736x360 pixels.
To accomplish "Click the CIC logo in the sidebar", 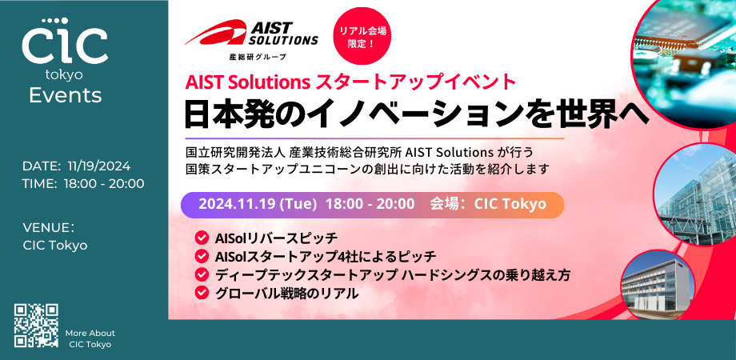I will click(x=65, y=44).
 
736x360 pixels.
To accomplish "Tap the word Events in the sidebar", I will click(x=65, y=96).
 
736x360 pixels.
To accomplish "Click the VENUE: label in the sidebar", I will click(x=49, y=227).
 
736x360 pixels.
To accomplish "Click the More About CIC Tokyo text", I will click(x=90, y=338).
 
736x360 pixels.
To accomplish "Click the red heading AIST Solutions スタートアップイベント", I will click(x=350, y=82).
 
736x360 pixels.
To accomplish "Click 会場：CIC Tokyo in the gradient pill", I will click(x=488, y=204).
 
